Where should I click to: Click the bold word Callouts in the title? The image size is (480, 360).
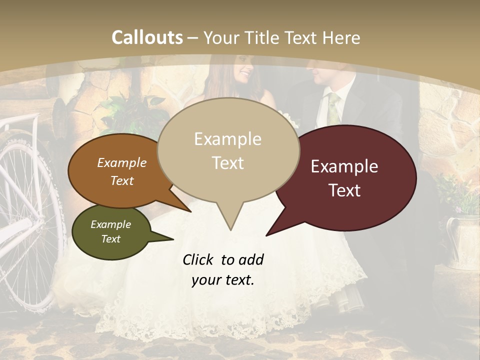147,37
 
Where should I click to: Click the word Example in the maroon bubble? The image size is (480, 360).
344,166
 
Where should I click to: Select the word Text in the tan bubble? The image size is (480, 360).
228,163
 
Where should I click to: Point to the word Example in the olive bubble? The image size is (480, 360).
110,224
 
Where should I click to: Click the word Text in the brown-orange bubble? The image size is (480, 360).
122,180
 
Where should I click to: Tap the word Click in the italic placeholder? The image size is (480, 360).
199,259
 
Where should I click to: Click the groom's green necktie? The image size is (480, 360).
333,107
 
